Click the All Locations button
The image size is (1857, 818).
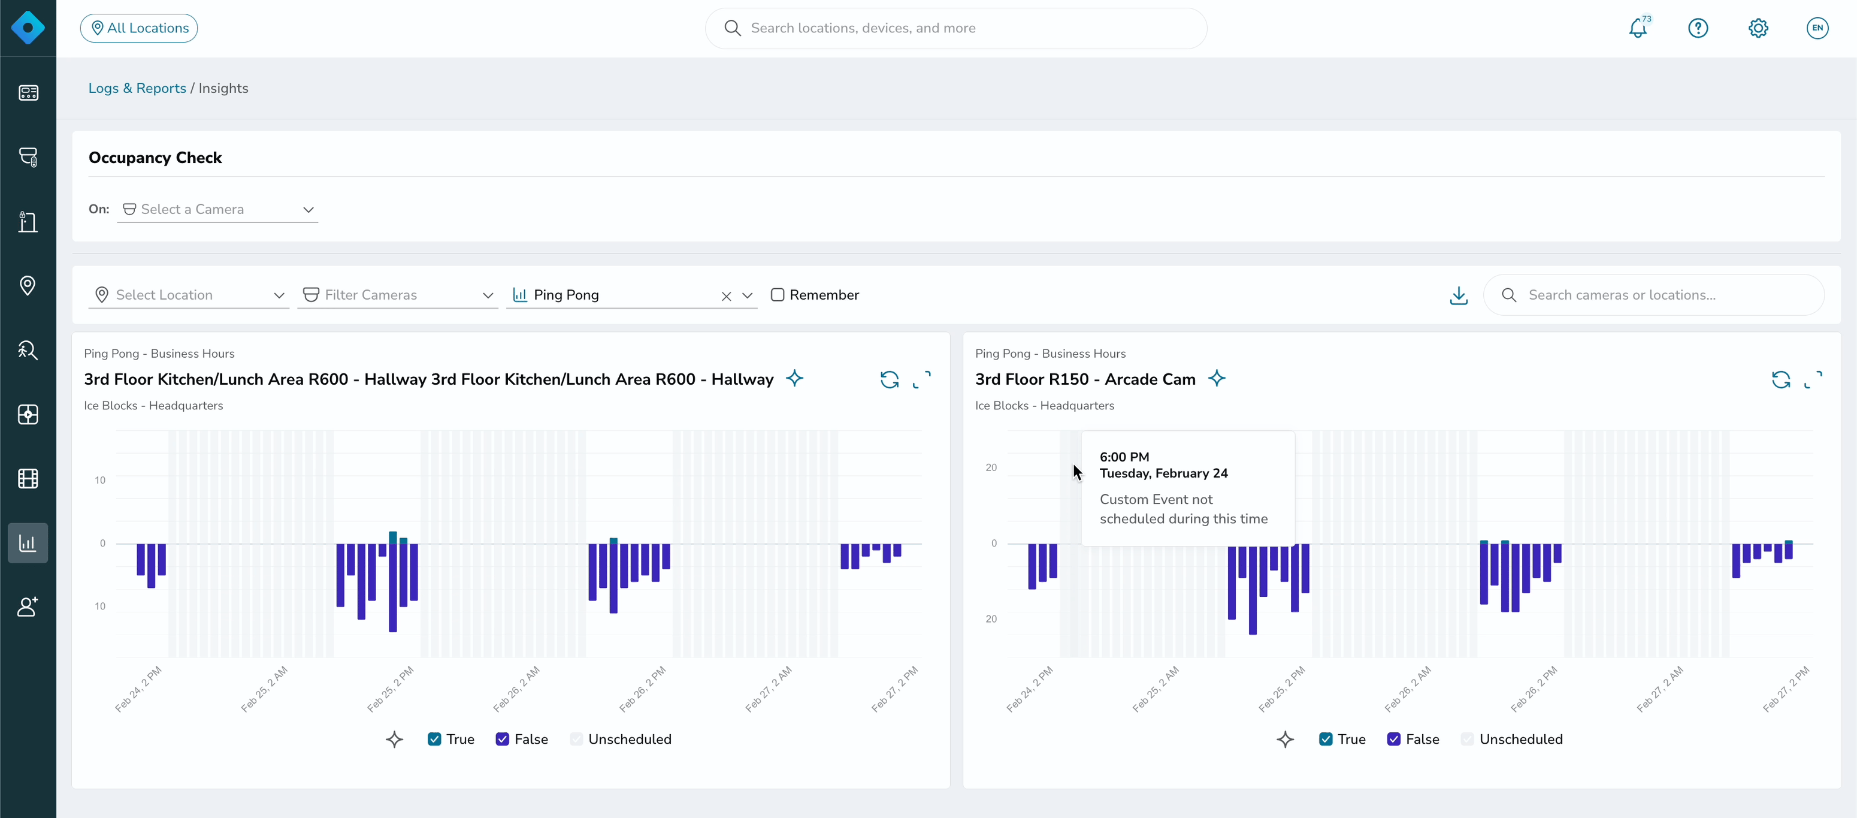click(x=138, y=28)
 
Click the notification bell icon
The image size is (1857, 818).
click(x=1638, y=28)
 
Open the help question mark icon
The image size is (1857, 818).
click(x=1698, y=28)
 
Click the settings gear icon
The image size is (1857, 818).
click(x=1758, y=28)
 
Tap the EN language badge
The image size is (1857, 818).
click(x=1817, y=28)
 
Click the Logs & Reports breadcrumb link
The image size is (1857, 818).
click(x=137, y=88)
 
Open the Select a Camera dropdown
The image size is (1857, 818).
click(x=217, y=209)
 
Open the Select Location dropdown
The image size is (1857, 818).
click(x=189, y=295)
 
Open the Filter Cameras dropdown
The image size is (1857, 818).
click(x=398, y=295)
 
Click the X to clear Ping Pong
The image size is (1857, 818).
click(x=726, y=296)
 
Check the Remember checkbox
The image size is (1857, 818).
click(x=777, y=295)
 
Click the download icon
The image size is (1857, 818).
click(x=1459, y=295)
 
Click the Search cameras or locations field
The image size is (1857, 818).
click(x=1654, y=295)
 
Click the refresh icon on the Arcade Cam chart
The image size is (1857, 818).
click(x=1780, y=379)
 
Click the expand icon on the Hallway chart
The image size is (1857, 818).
click(x=922, y=379)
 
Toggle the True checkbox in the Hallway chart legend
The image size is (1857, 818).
click(x=434, y=739)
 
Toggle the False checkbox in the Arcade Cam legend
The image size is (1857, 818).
click(x=1393, y=739)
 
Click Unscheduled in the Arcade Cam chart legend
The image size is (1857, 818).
click(x=1520, y=739)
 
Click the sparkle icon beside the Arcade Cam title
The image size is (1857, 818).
click(x=1216, y=378)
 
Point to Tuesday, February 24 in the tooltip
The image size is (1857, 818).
click(x=1163, y=473)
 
